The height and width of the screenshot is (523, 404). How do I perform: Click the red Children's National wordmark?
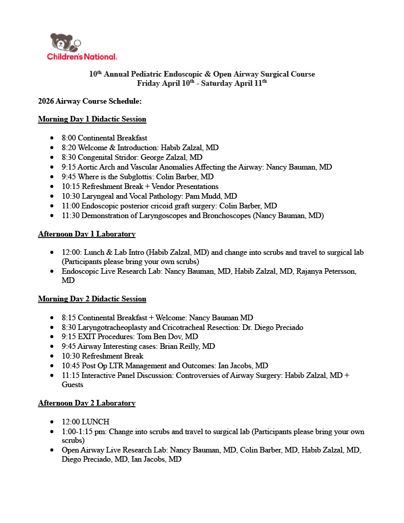tap(82, 57)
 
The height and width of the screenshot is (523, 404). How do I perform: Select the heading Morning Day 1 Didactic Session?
tap(92, 119)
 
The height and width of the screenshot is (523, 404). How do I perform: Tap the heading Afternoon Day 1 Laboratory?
tap(87, 234)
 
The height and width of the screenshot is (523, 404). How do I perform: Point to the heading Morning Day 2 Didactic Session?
tap(92, 299)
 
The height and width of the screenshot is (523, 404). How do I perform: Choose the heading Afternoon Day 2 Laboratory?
tap(87, 403)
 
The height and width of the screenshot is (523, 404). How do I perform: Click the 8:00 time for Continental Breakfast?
tap(69, 138)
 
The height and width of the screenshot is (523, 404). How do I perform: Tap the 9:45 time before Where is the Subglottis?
tap(69, 177)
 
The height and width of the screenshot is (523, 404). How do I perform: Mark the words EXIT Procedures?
tap(106, 337)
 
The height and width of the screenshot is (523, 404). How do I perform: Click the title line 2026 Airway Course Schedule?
tap(89, 101)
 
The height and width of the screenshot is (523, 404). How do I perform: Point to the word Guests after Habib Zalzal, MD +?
tap(72, 385)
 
